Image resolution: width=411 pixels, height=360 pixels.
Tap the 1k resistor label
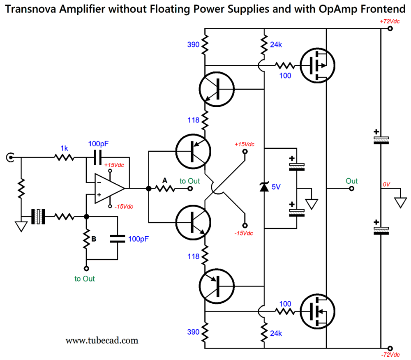coord(65,148)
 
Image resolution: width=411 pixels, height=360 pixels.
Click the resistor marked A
coord(165,189)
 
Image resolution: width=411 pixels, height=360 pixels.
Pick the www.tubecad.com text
coord(102,340)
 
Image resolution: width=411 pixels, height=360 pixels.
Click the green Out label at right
coord(351,181)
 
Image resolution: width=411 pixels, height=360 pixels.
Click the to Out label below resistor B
coord(85,279)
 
